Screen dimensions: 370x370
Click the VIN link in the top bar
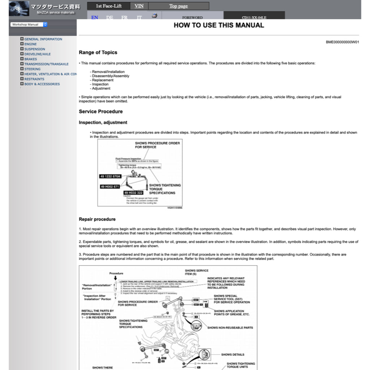tap(139, 6)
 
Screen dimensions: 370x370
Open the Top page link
tap(178, 6)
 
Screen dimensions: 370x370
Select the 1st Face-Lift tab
tap(109, 6)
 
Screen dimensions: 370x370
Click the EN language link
tap(95, 17)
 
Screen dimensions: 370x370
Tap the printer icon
tap(154, 16)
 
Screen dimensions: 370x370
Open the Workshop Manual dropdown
tap(29, 25)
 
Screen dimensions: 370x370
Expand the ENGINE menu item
tap(30, 44)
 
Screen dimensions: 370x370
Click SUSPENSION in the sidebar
tap(35, 49)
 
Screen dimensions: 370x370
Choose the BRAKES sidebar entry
tap(30, 59)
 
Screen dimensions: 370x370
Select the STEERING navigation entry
tap(32, 69)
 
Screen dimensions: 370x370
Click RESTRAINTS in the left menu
tap(34, 79)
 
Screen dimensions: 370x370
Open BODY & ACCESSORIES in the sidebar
tap(42, 84)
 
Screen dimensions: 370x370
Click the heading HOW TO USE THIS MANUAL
tap(219, 25)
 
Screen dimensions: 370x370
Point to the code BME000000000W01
tap(342, 42)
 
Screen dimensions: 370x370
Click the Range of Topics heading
tap(98, 52)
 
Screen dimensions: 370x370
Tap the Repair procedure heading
tap(97, 219)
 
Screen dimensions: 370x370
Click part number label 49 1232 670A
tap(110, 176)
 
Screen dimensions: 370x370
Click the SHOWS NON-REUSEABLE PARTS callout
tap(230, 328)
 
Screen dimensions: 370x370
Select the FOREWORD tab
tap(192, 17)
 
